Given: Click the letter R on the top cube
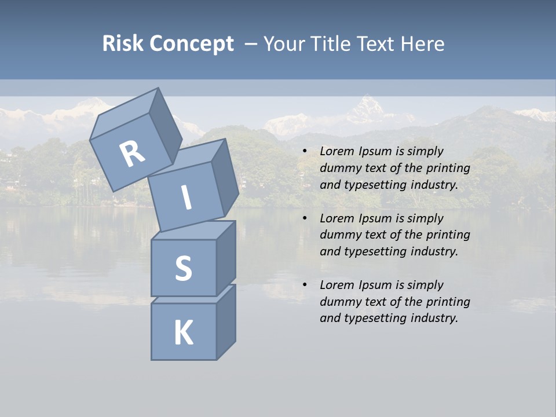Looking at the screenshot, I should point(132,153).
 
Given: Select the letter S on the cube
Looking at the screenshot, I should point(183,268).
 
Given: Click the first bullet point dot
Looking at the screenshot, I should point(305,152).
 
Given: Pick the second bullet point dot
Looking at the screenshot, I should point(305,219).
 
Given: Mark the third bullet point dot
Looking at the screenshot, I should point(305,286).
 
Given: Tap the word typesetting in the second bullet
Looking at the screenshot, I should point(375,251).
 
